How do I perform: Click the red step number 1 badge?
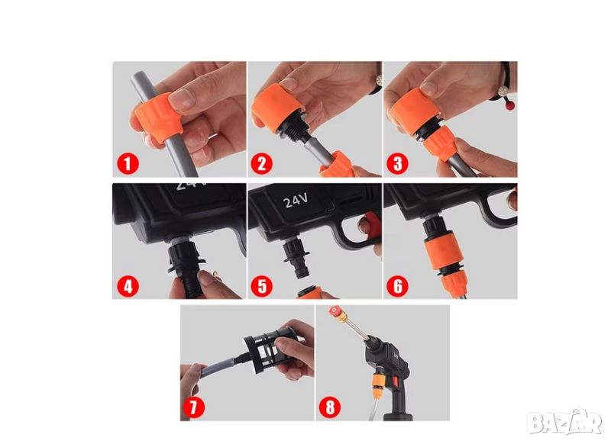pyautogui.click(x=128, y=164)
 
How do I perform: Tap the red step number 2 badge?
pyautogui.click(x=262, y=164)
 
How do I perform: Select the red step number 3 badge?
pyautogui.click(x=397, y=164)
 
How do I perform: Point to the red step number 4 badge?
pyautogui.click(x=128, y=287)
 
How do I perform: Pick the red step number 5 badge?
pyautogui.click(x=262, y=287)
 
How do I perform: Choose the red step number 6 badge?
pyautogui.click(x=397, y=287)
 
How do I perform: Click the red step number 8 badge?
pyautogui.click(x=330, y=408)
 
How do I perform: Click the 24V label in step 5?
pyautogui.click(x=296, y=201)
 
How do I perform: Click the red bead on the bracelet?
pyautogui.click(x=509, y=105)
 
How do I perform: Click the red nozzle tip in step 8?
pyautogui.click(x=335, y=311)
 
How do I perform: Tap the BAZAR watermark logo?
pyautogui.click(x=565, y=422)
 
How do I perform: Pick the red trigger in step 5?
pyautogui.click(x=370, y=224)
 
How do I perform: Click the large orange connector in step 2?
pyautogui.click(x=277, y=106)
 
